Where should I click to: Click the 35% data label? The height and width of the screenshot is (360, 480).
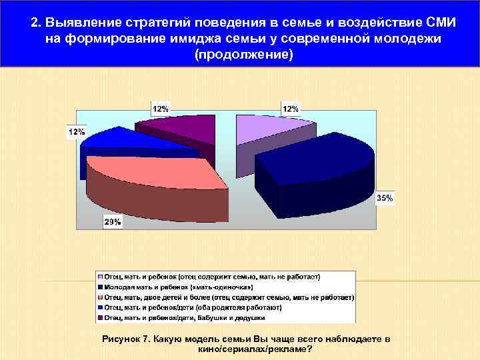(x=385, y=198)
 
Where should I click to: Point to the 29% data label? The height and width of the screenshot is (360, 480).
(x=112, y=222)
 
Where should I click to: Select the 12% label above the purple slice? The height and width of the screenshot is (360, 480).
(x=161, y=107)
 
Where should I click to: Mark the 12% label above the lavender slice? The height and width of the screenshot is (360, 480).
(x=291, y=108)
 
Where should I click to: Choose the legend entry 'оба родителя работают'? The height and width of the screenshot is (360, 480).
(x=193, y=308)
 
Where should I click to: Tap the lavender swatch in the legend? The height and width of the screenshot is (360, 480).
(x=100, y=276)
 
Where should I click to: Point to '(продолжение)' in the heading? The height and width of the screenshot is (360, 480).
(x=242, y=53)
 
